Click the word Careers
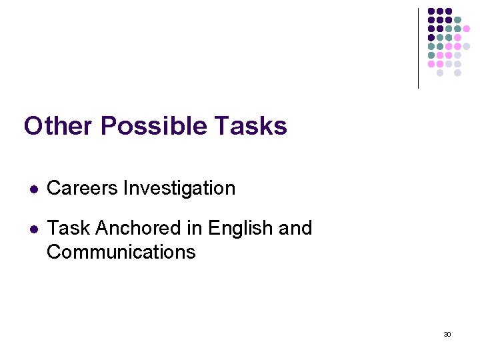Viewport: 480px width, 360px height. click(83, 189)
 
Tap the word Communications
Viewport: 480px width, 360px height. click(121, 252)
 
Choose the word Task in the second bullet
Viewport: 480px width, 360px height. click(69, 229)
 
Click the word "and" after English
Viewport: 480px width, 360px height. click(295, 229)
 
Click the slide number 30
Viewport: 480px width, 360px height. click(447, 334)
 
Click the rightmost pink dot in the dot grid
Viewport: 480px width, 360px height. click(466, 29)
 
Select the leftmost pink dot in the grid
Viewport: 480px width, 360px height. click(431, 64)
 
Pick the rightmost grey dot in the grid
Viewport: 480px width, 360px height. click(466, 47)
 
